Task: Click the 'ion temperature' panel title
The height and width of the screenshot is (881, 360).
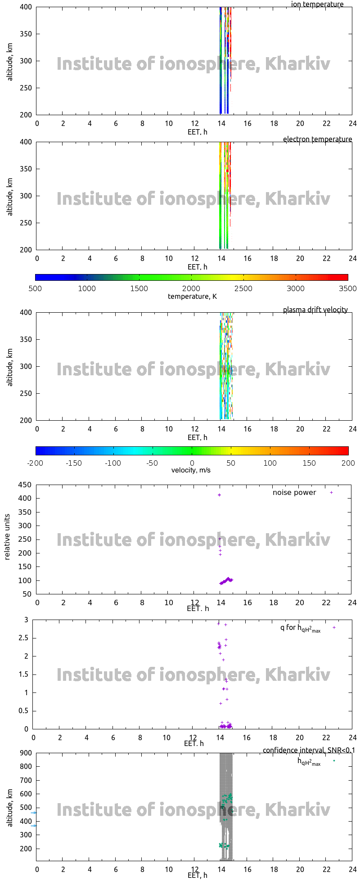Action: click(317, 4)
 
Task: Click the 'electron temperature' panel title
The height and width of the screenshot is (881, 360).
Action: click(317, 139)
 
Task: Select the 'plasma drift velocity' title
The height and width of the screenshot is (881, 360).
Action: click(315, 310)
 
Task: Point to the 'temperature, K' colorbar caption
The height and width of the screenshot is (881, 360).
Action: click(192, 297)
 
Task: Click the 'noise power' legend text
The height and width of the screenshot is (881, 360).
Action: click(294, 493)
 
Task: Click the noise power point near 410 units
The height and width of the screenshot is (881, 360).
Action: click(219, 495)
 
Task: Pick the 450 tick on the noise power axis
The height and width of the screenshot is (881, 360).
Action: click(26, 485)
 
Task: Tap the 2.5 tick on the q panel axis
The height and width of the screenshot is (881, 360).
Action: click(23, 638)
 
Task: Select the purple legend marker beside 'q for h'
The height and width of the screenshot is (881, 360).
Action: click(334, 628)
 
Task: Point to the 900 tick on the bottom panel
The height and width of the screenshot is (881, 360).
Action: click(26, 753)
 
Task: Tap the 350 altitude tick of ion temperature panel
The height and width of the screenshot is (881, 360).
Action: click(26, 34)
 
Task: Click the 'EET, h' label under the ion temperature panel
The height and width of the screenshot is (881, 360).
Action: click(198, 132)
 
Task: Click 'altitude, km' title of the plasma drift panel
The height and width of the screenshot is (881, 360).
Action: click(10, 366)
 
